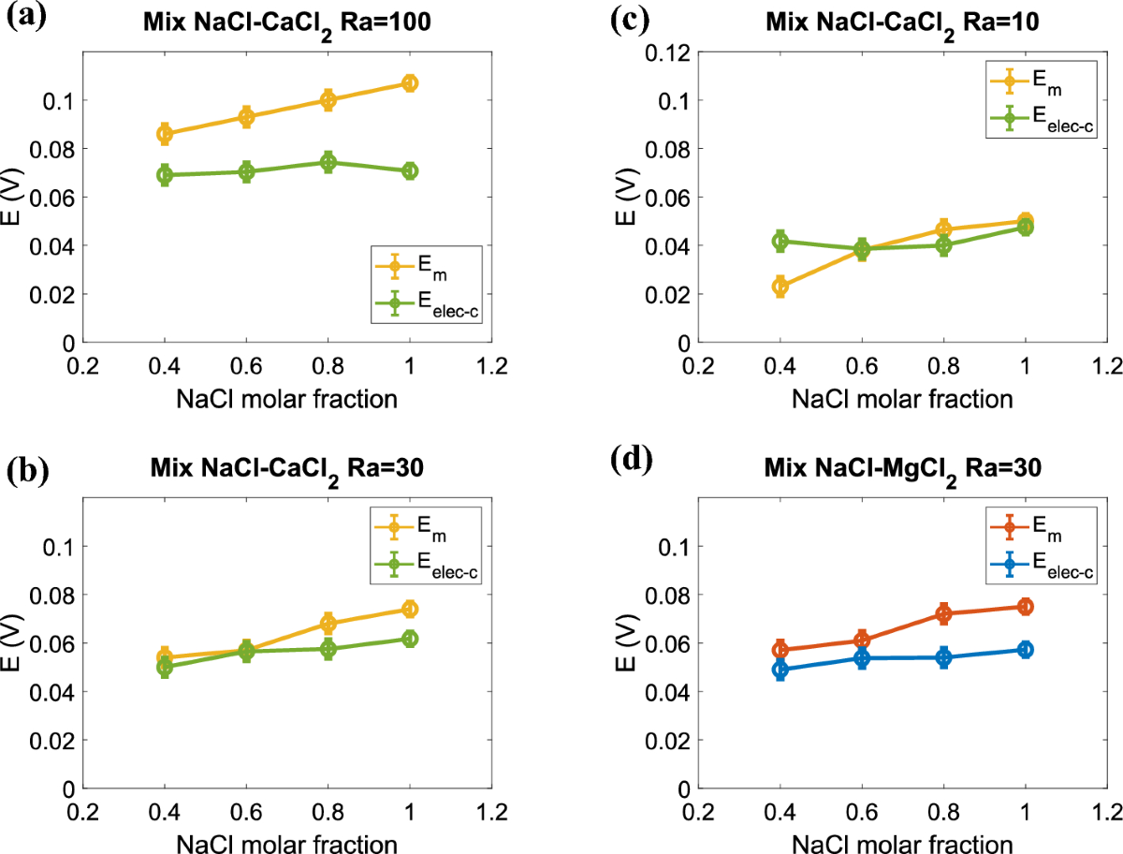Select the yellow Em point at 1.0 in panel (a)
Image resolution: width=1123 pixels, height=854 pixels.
pyautogui.click(x=410, y=83)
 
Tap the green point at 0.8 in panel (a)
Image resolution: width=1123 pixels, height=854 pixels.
pyautogui.click(x=328, y=162)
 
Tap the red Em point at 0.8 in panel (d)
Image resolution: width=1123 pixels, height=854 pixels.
pyautogui.click(x=943, y=613)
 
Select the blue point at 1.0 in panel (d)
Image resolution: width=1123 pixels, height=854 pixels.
pyautogui.click(x=1026, y=649)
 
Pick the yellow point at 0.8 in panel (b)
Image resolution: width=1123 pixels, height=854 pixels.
pyautogui.click(x=328, y=623)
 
